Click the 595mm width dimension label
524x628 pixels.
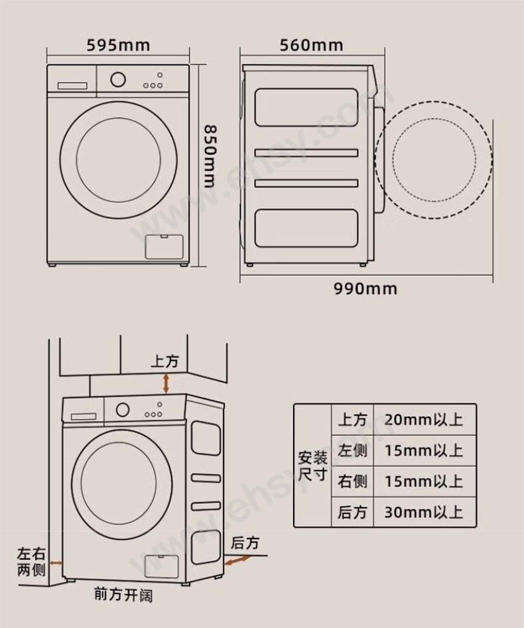click(x=119, y=45)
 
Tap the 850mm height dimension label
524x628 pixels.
click(x=210, y=157)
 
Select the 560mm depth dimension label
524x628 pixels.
click(x=311, y=45)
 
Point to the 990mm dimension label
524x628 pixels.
click(x=365, y=288)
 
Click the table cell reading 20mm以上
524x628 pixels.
click(x=424, y=420)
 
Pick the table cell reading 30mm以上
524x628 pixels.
click(x=424, y=512)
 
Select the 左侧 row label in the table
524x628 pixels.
click(x=352, y=450)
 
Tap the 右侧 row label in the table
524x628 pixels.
click(x=352, y=481)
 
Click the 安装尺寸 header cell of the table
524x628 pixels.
click(x=312, y=466)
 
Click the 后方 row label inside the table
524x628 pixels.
click(x=352, y=512)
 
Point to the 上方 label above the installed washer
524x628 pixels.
click(x=164, y=361)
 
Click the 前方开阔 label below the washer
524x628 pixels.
click(x=123, y=595)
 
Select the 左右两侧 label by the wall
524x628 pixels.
click(x=31, y=562)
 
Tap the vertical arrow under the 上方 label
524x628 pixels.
click(x=166, y=383)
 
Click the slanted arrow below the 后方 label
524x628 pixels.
click(x=236, y=560)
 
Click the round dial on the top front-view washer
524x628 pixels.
click(x=118, y=80)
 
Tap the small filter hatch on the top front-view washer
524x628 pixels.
click(x=164, y=247)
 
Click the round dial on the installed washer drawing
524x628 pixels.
click(x=123, y=410)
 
